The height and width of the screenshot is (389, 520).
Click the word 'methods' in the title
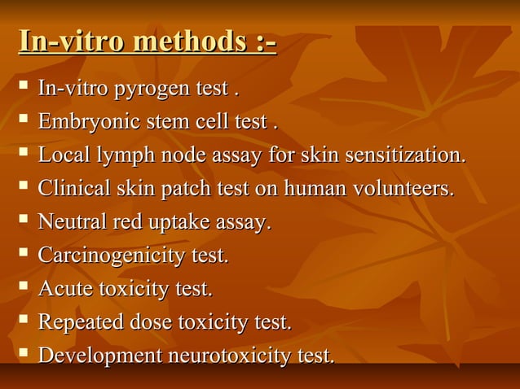tap(188, 41)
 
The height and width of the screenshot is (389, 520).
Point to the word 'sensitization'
tap(399, 155)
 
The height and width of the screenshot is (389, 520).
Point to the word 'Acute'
tap(66, 289)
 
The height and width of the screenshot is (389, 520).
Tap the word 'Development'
tap(100, 356)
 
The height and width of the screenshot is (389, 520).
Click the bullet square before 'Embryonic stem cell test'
tap(23, 120)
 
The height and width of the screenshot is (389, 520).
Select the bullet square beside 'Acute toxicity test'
tap(23, 287)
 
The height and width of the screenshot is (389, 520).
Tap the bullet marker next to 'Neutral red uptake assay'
tap(23, 221)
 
